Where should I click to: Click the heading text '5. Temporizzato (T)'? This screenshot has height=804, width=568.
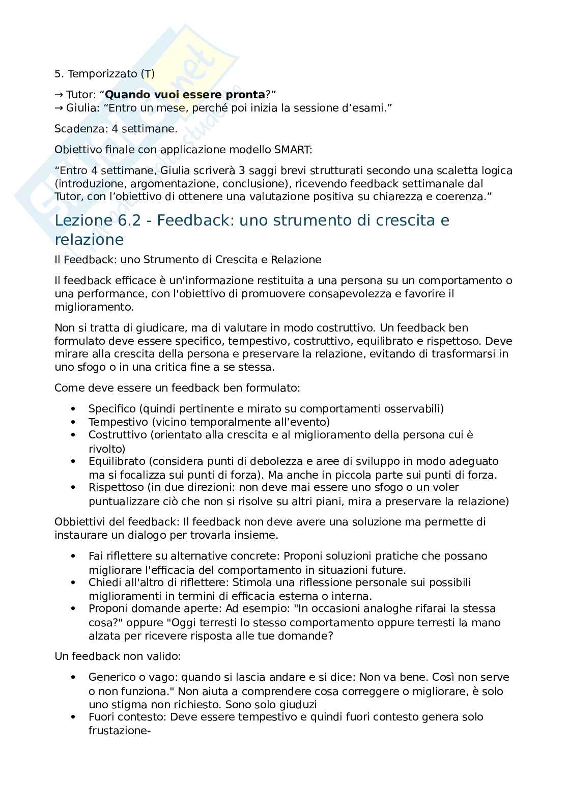(104, 74)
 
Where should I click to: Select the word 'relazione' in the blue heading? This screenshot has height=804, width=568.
(89, 240)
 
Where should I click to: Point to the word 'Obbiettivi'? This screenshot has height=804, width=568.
(77, 522)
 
